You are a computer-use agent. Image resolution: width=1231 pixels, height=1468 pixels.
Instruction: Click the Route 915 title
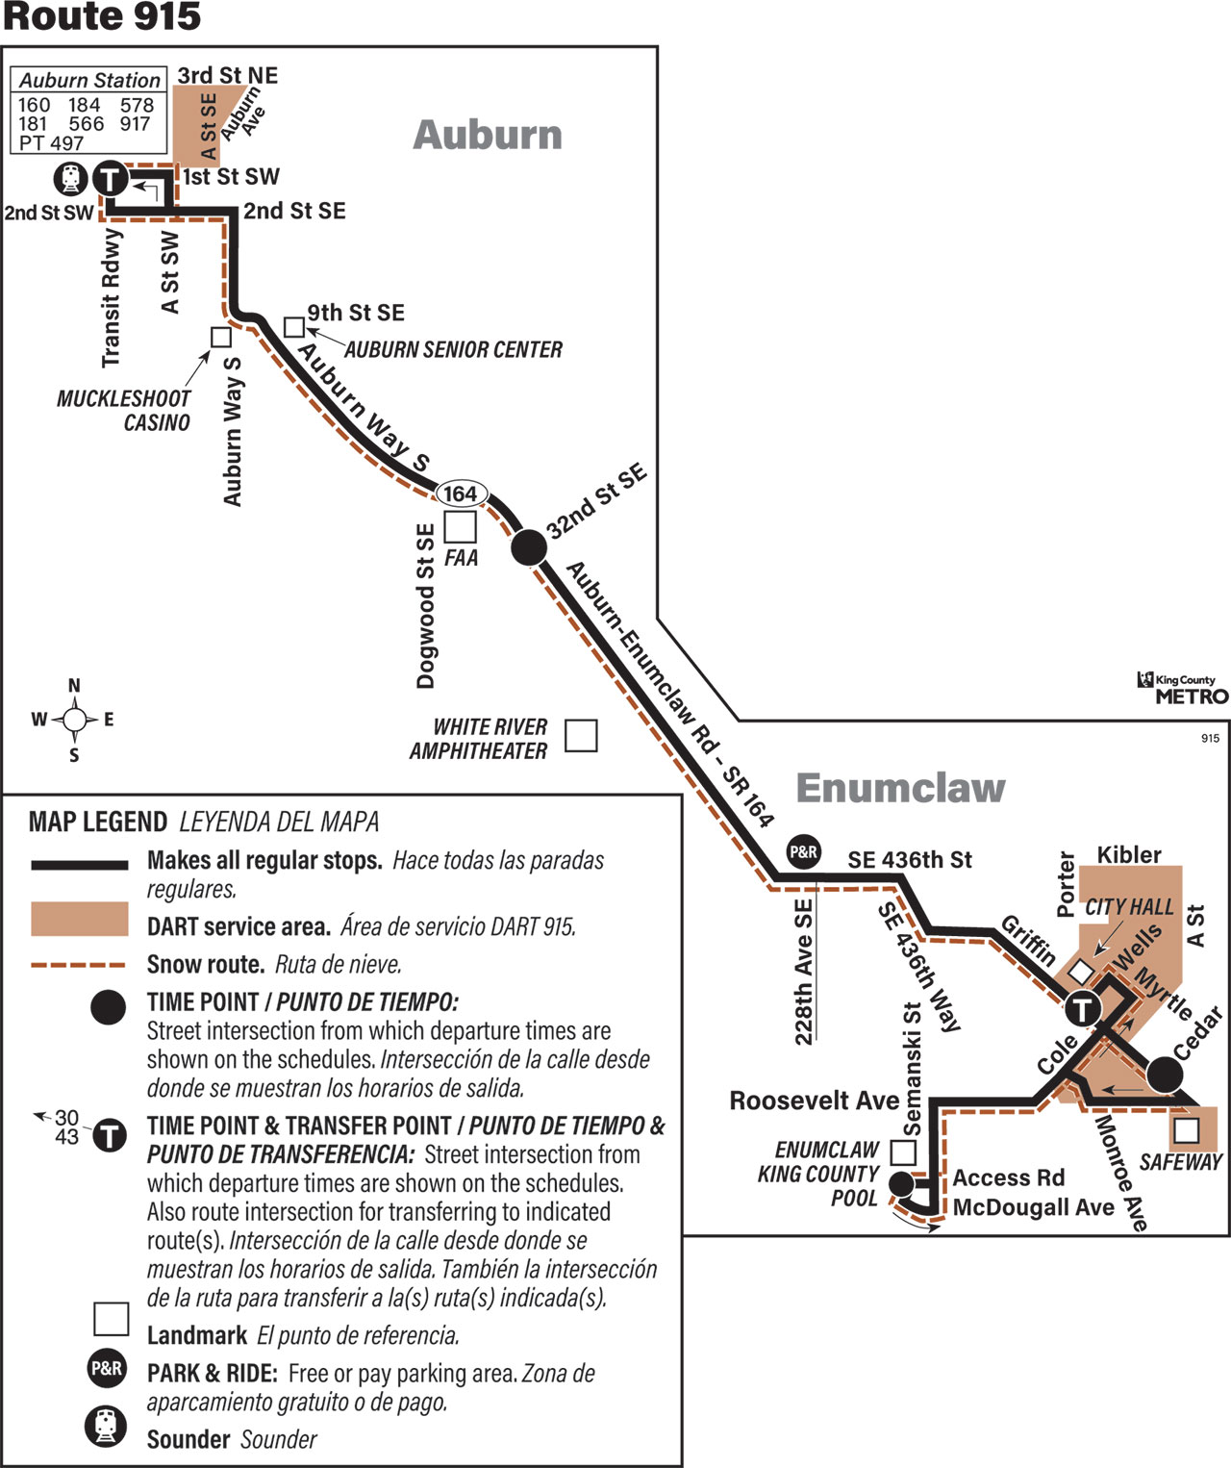point(102,17)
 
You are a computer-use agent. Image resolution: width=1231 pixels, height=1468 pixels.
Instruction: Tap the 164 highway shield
point(462,494)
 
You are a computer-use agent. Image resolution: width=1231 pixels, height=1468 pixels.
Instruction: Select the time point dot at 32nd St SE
point(529,547)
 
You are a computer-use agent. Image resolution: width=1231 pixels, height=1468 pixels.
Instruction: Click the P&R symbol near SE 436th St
point(803,851)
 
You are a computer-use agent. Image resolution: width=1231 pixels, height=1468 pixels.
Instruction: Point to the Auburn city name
point(488,135)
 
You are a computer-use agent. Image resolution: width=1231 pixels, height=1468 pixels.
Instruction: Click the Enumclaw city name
point(900,788)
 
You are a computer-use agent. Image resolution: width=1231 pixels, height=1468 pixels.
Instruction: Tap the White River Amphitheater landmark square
point(582,735)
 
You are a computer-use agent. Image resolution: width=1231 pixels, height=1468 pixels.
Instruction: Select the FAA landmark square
point(460,526)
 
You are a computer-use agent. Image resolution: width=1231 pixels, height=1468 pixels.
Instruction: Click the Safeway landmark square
point(1187,1130)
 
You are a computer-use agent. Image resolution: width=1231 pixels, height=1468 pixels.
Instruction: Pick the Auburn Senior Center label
point(454,349)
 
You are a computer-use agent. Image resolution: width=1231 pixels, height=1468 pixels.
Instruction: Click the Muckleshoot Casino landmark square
point(221,337)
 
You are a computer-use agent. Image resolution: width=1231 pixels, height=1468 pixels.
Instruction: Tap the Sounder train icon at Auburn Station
point(71,179)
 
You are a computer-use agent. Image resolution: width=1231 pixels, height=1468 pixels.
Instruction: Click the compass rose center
point(74,720)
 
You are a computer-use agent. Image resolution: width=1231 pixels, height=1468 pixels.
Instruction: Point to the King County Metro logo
point(1183,688)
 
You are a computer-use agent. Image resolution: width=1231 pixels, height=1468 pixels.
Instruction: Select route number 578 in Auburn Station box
point(137,106)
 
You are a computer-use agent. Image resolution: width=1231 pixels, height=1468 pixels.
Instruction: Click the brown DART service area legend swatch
point(80,919)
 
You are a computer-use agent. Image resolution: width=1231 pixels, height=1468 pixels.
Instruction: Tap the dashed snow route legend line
point(79,965)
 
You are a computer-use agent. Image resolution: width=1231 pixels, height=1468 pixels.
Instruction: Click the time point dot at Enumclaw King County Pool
point(901,1184)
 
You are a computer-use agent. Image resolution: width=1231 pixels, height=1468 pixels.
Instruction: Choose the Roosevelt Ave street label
point(815,1101)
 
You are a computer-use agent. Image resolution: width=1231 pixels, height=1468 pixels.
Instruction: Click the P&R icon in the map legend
point(107,1369)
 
